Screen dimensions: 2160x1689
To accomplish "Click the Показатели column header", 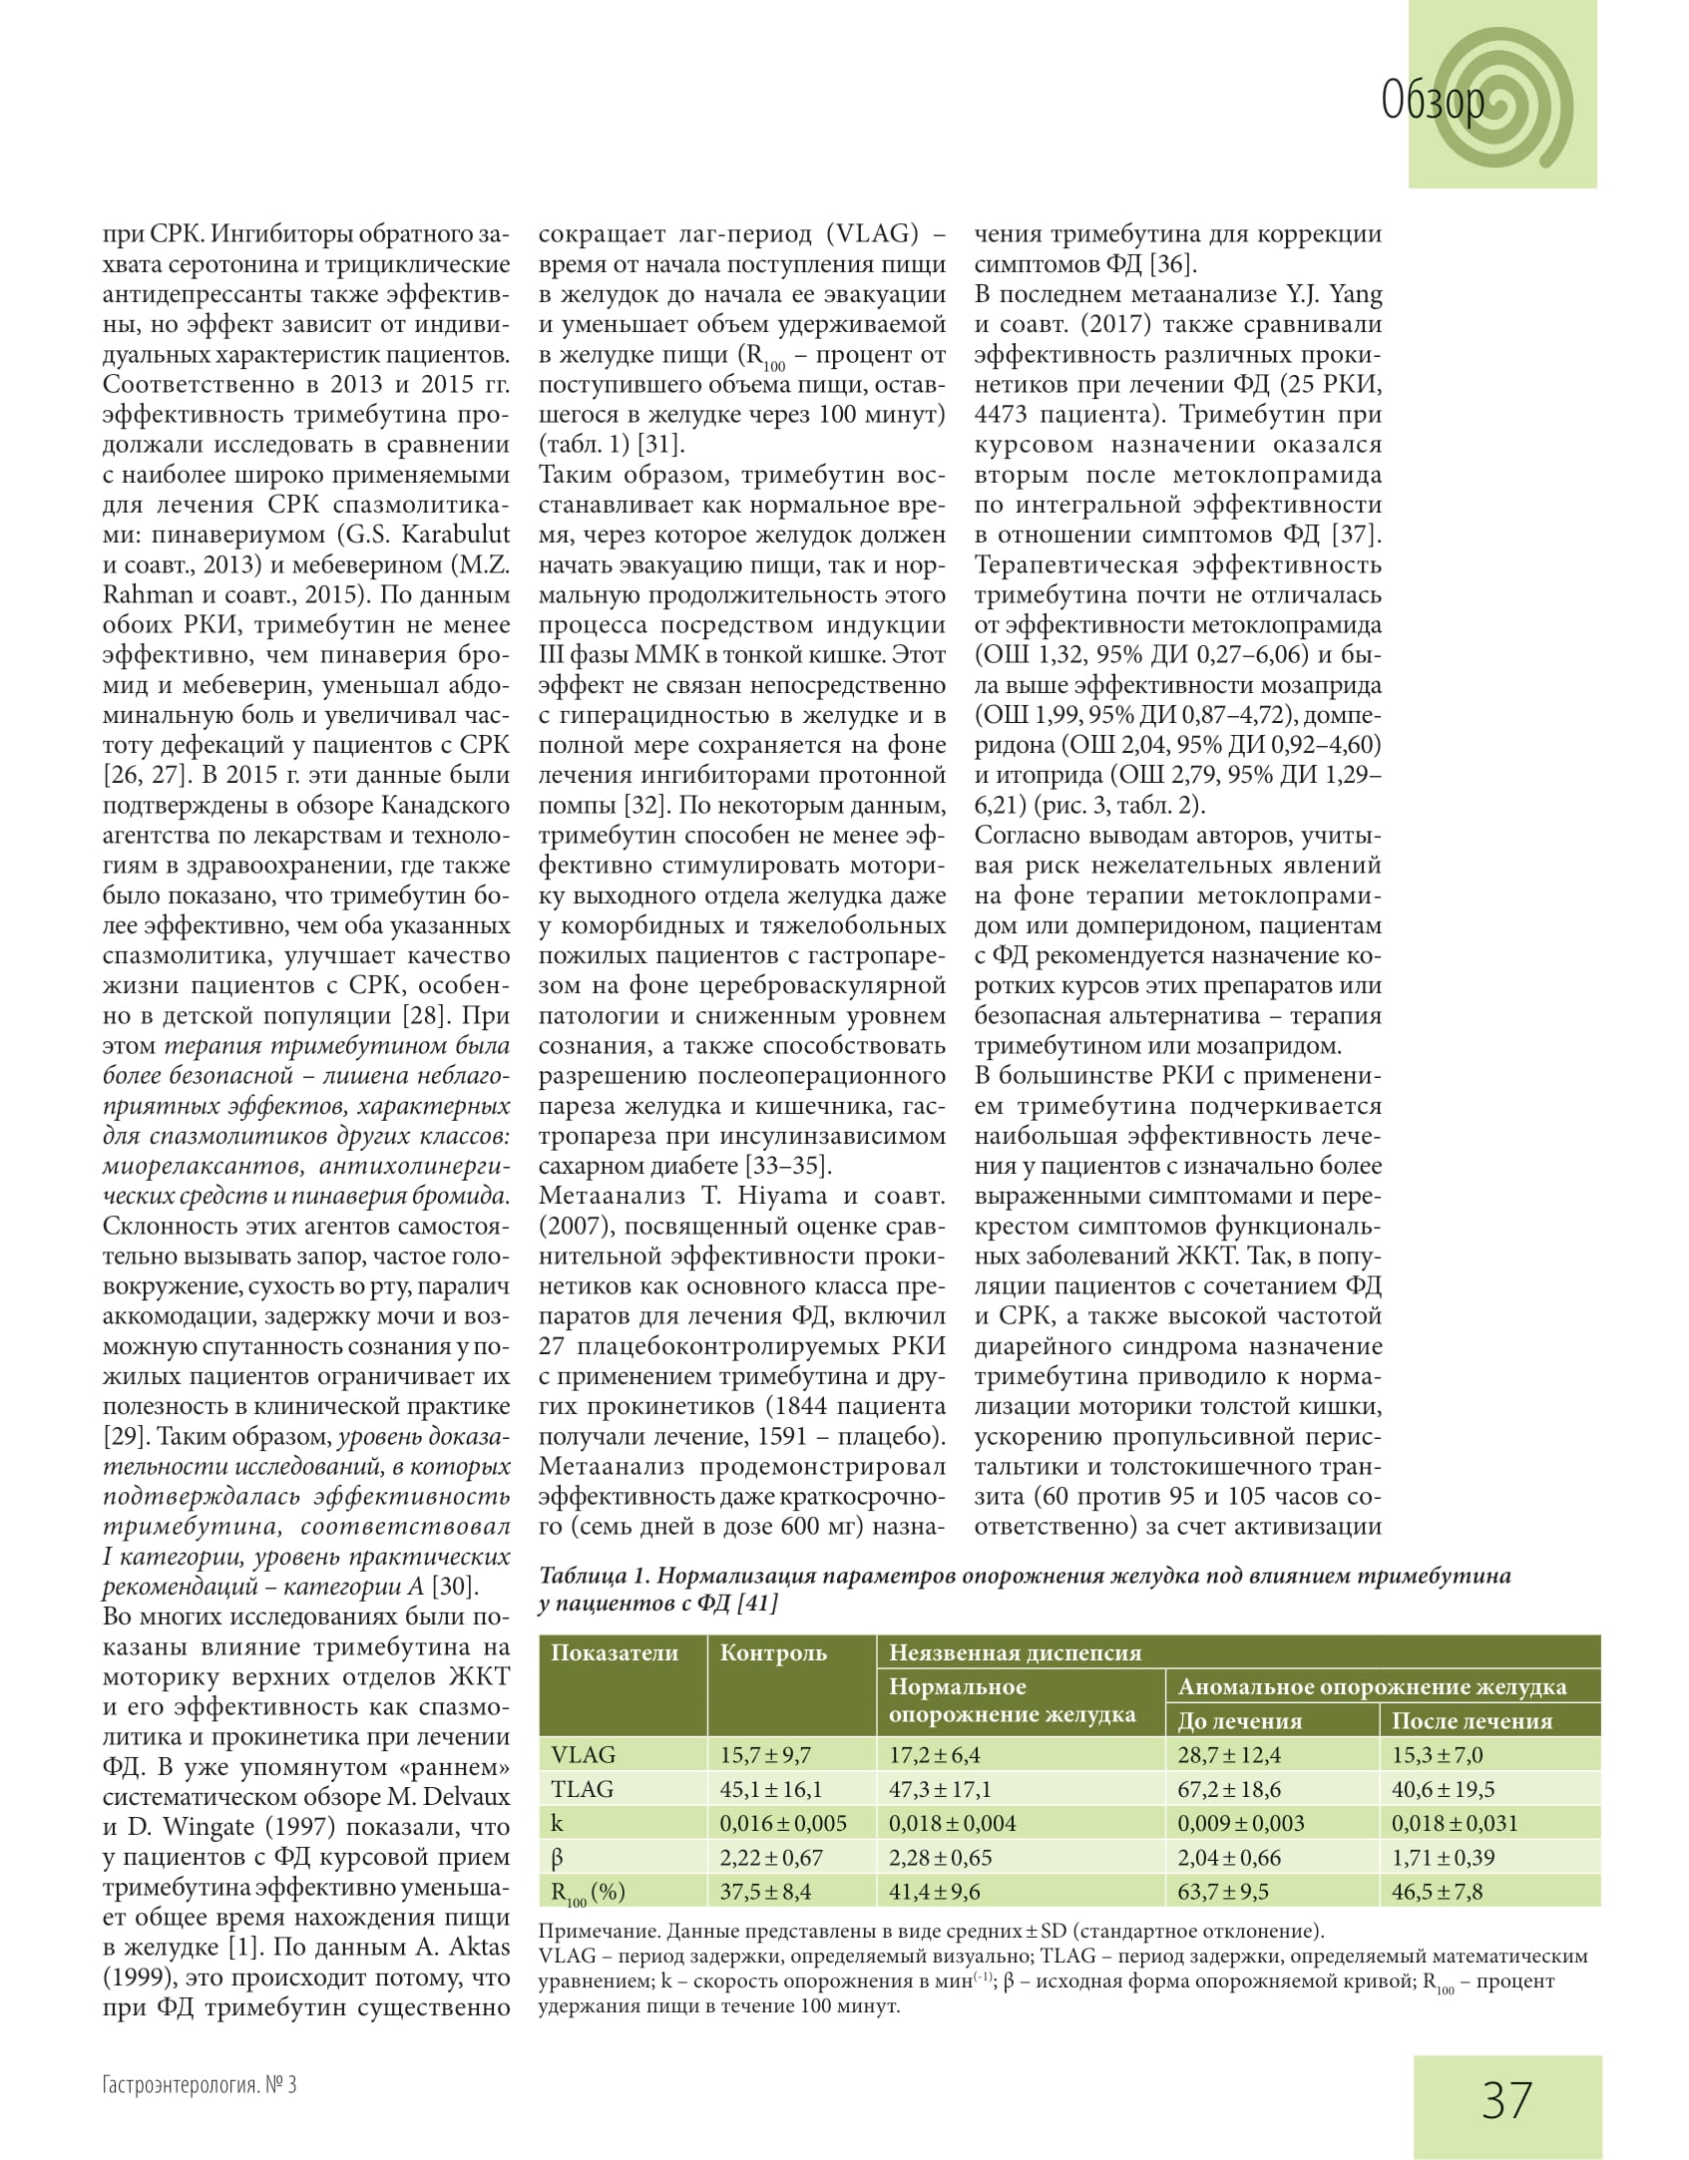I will click(x=615, y=1652).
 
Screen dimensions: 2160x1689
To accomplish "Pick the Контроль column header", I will click(x=773, y=1652).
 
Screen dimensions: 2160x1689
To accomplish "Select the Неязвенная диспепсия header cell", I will click(x=1015, y=1652).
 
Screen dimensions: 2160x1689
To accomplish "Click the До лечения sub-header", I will click(x=1240, y=1720).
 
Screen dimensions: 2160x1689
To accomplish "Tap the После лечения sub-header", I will click(x=1472, y=1720).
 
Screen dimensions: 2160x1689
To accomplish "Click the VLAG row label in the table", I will click(x=584, y=1754).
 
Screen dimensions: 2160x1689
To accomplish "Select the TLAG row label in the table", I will click(x=583, y=1789).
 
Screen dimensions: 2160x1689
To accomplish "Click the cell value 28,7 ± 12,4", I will click(x=1229, y=1755).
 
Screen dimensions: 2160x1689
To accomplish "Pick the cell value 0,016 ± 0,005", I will click(x=783, y=1823).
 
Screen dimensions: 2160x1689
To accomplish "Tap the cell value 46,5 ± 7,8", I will click(x=1437, y=1892).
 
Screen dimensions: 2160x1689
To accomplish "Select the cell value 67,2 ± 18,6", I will click(x=1229, y=1789).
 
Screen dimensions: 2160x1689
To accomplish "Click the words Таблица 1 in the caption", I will click(x=595, y=1576).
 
